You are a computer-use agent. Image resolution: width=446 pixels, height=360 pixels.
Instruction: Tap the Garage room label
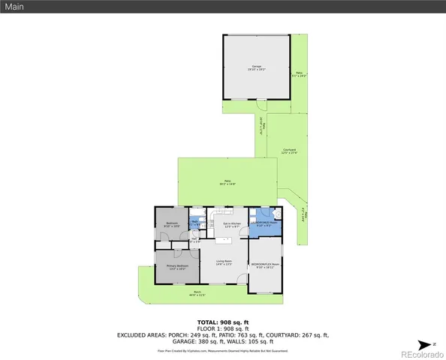coord(257,67)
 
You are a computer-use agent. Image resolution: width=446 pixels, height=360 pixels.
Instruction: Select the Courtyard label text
coord(289,151)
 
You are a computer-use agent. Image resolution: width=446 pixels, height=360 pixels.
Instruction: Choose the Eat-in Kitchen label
coord(231,224)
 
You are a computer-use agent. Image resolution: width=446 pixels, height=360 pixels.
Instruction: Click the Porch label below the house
coord(197,293)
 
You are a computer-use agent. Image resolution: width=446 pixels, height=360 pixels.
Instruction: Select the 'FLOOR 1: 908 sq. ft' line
coord(223,328)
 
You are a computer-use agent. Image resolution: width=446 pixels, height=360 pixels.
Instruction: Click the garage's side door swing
coord(261,104)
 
